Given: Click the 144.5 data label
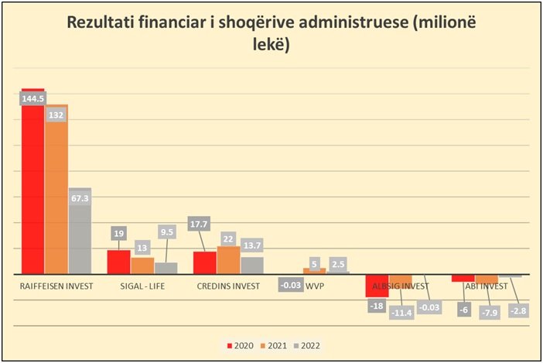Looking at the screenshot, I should [x=32, y=99].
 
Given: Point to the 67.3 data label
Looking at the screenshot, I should [x=80, y=198].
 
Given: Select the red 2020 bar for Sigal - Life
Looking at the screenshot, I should [x=118, y=262].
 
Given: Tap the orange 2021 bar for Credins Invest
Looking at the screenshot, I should [x=228, y=261].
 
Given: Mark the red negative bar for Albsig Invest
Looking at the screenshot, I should [x=377, y=286].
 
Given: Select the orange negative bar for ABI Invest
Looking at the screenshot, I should [x=487, y=279].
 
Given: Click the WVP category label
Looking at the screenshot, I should [x=316, y=286].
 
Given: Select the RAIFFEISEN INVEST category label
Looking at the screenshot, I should [x=56, y=286].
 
